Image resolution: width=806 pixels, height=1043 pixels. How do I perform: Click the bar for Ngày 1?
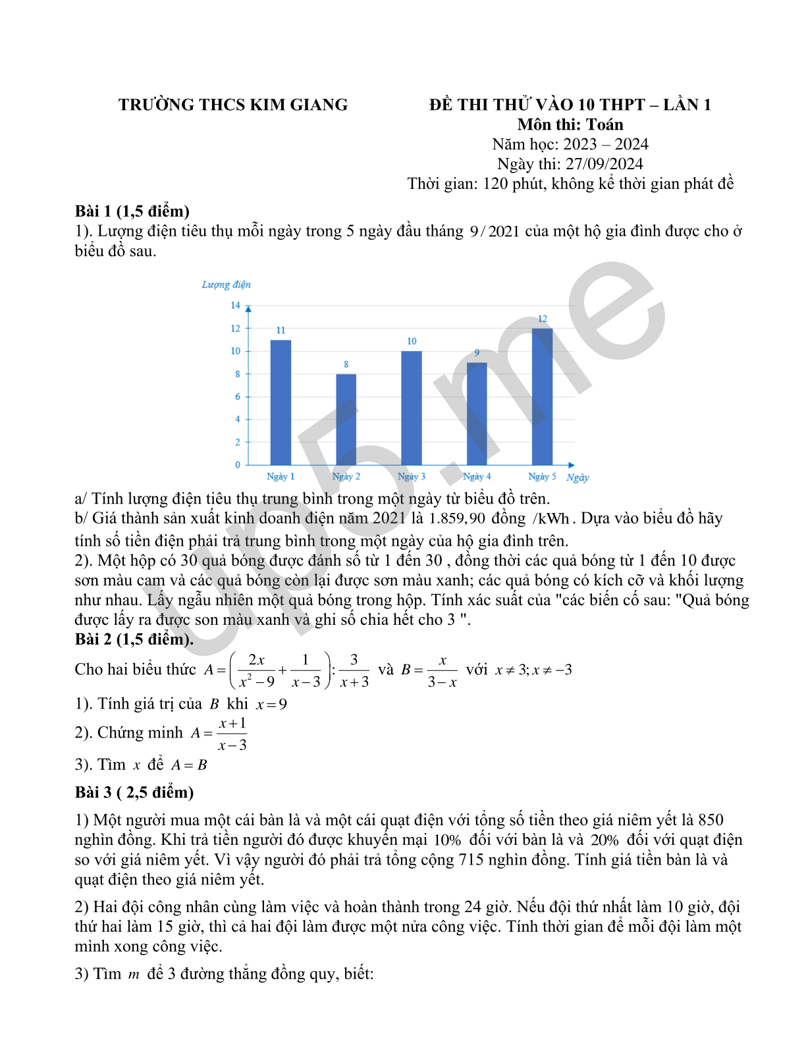tap(281, 402)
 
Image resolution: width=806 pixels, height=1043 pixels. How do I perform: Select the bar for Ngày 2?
tap(346, 419)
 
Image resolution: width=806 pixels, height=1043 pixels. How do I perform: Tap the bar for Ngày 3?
tap(412, 408)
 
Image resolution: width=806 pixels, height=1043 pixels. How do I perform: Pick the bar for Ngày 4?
tap(477, 414)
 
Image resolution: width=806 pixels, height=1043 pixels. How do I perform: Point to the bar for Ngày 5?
tap(542, 396)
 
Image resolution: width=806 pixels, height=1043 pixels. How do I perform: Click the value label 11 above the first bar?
tap(281, 331)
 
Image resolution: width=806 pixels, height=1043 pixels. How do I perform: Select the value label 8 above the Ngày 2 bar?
tap(346, 364)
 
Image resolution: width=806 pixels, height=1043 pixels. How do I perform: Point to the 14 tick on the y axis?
tap(235, 306)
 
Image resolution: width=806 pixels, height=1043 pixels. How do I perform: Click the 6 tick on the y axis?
tap(238, 396)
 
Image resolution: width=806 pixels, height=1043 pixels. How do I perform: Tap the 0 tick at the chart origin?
tap(238, 465)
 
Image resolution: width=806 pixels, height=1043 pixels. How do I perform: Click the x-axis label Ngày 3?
tap(412, 477)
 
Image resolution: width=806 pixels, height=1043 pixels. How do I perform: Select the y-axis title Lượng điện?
tap(226, 284)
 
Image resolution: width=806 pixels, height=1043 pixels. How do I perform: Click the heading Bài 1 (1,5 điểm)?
tap(132, 211)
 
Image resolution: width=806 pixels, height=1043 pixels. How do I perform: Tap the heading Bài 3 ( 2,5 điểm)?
tap(134, 792)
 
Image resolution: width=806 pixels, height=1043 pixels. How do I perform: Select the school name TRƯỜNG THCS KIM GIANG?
tap(233, 105)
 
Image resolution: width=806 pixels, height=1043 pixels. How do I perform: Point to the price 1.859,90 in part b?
tap(457, 519)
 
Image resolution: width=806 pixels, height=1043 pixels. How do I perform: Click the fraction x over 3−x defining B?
tap(442, 671)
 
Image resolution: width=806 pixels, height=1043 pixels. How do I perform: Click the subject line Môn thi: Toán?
tap(570, 124)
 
